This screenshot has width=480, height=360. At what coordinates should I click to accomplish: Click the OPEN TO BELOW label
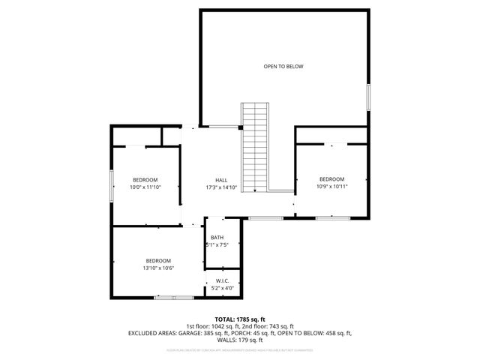(x=283, y=66)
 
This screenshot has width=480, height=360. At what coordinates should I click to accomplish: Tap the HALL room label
(x=221, y=180)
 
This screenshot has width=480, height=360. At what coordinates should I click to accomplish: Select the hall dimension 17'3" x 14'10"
(x=221, y=187)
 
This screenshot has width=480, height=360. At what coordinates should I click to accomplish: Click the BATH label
(x=217, y=238)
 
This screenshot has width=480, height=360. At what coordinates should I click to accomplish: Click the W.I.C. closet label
(x=222, y=280)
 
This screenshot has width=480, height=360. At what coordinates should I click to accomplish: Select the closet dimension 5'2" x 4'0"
(x=222, y=288)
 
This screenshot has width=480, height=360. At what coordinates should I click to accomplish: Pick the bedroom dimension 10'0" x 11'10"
(x=145, y=187)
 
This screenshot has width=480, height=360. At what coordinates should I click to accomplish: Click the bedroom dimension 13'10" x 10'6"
(x=158, y=268)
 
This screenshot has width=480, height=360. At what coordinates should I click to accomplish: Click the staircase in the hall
(x=254, y=146)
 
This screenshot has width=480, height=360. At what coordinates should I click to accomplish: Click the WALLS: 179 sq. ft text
(x=240, y=339)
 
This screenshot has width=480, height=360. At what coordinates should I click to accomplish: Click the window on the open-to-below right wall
(x=368, y=97)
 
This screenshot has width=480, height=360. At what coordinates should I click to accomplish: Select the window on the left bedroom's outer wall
(x=112, y=183)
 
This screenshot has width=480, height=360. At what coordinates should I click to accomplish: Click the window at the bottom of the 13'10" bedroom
(x=173, y=298)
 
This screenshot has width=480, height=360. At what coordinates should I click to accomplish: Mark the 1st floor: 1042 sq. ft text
(x=212, y=325)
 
